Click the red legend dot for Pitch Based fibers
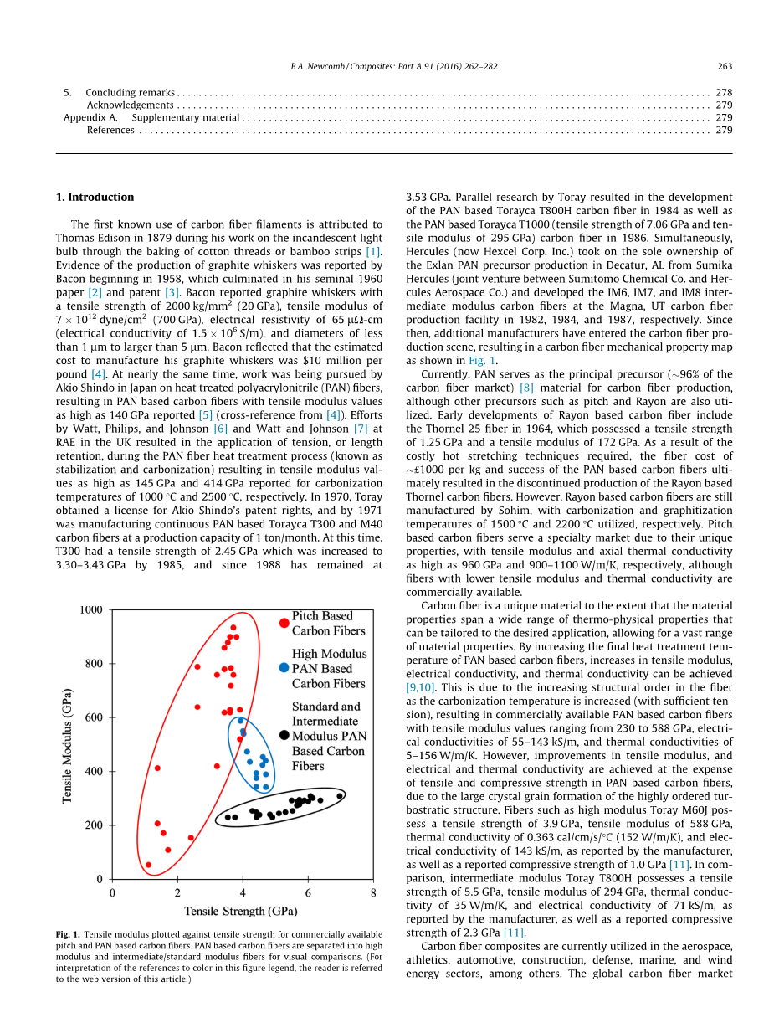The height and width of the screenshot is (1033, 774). pos(284,623)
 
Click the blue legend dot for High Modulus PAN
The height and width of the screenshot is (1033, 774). pos(284,668)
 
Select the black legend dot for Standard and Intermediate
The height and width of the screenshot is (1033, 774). pos(284,735)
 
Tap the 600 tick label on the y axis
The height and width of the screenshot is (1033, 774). pos(93,717)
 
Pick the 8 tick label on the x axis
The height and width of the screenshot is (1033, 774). pos(373,893)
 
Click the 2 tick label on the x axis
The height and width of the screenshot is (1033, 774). pos(177,893)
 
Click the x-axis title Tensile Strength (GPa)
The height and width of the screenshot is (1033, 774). pos(240,911)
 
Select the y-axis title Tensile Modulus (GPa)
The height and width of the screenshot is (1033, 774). pos(67,746)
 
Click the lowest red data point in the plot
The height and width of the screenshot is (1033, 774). pos(148,865)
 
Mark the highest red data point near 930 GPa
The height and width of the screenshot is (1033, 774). pos(233,627)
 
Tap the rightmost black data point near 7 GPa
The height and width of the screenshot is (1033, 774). pos(340,796)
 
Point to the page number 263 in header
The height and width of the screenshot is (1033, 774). pos(725,67)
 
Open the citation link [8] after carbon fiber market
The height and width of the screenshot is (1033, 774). pos(526,388)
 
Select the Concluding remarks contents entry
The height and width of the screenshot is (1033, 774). pos(131,93)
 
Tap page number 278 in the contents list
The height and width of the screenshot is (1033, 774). pos(725,93)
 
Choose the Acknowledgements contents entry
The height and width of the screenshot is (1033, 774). pos(131,105)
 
